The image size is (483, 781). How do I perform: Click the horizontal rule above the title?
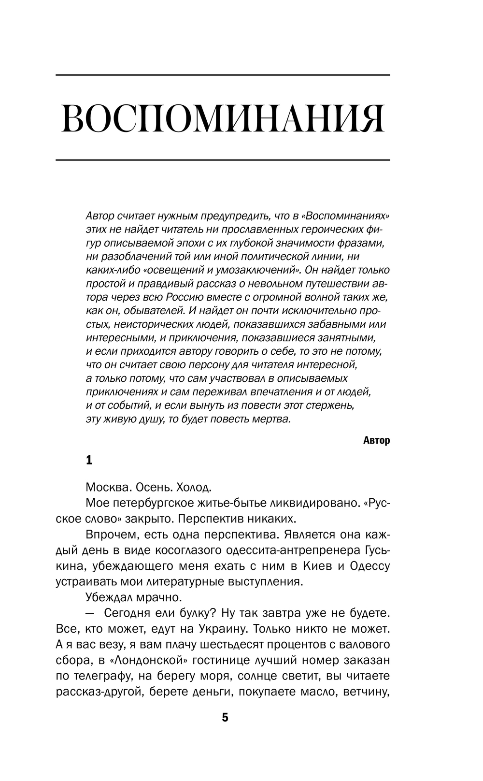(x=223, y=75)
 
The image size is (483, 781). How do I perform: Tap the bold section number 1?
(x=89, y=460)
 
